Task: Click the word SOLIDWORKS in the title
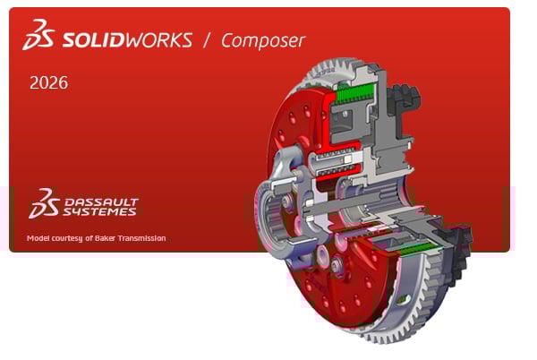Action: pyautogui.click(x=129, y=39)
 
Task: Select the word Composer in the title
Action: pyautogui.click(x=263, y=40)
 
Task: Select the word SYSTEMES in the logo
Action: pyautogui.click(x=100, y=213)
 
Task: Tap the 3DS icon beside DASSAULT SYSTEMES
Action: pyautogui.click(x=43, y=204)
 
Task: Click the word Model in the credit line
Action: pyautogui.click(x=40, y=238)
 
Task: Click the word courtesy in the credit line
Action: pyautogui.click(x=75, y=238)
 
